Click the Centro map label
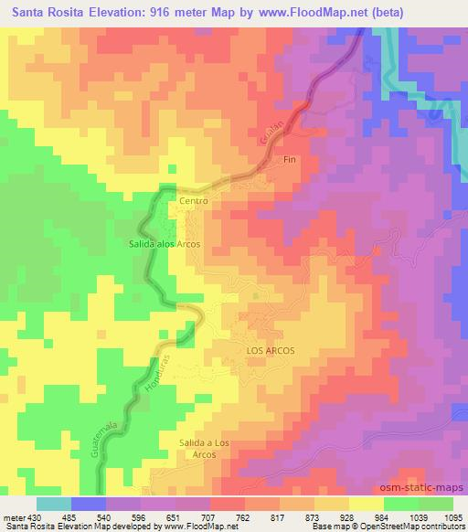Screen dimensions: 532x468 [x=195, y=200]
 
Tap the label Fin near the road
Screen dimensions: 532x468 [x=291, y=160]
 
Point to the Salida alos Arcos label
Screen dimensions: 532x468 [x=164, y=244]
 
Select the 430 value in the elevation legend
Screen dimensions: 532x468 [x=28, y=518]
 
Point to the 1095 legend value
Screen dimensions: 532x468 [x=453, y=518]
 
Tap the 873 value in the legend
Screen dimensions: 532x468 [x=317, y=518]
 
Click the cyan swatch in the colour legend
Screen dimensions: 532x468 [x=53, y=504]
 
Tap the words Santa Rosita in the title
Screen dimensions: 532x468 [x=45, y=10]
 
